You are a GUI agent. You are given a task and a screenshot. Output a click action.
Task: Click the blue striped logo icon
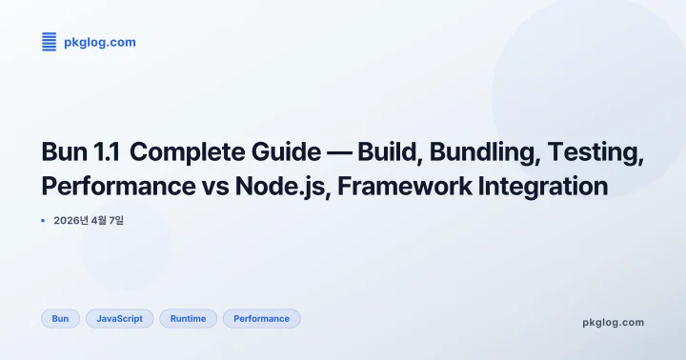[50, 41]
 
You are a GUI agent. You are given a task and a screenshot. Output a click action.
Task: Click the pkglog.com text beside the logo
[99, 42]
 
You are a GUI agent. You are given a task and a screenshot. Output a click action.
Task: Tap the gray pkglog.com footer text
[613, 322]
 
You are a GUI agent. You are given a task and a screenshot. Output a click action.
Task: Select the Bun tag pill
[60, 318]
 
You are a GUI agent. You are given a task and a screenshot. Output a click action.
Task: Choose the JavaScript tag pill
[119, 318]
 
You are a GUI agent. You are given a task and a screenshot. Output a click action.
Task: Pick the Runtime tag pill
[188, 318]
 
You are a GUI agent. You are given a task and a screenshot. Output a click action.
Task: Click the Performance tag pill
[261, 318]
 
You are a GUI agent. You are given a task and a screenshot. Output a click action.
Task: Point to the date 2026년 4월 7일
[90, 221]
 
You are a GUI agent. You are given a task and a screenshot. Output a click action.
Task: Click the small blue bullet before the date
[44, 221]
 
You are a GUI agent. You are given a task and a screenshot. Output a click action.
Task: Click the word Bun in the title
[65, 152]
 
